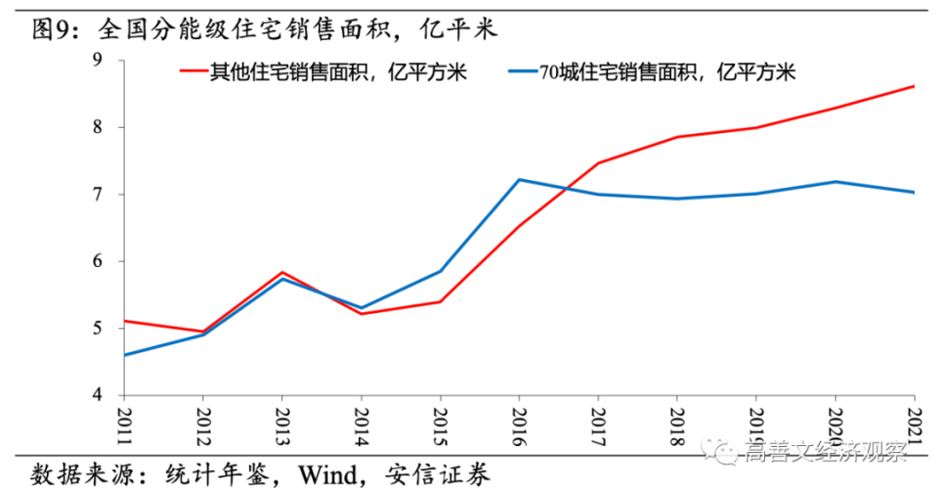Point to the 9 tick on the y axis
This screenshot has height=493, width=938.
98,60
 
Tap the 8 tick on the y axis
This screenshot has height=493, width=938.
98,127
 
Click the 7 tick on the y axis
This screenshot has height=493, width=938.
98,195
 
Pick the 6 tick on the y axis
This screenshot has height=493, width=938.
98,261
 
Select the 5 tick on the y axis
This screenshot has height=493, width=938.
98,329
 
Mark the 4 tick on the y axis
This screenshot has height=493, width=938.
98,395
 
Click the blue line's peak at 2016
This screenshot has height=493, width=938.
519,180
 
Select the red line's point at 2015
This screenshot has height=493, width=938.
440,301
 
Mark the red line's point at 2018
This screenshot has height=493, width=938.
677,137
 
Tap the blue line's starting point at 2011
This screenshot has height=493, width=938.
123,355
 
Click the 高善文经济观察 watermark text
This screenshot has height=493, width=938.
826,452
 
